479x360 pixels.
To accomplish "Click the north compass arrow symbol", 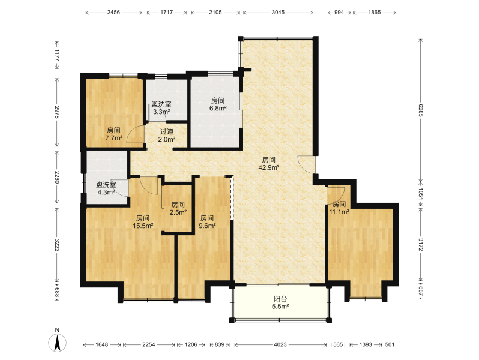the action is (58, 343).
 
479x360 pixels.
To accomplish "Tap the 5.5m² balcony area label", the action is (280, 302).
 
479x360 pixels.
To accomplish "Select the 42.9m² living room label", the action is (269, 163).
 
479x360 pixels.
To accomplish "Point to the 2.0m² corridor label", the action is (167, 136).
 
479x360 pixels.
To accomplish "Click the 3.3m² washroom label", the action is (161, 108).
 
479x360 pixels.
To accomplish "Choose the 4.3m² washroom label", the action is (106, 188).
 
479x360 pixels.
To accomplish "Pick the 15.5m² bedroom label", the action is (143, 222).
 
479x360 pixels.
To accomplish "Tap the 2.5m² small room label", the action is (178, 208).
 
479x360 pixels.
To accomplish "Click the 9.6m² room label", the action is (207, 222).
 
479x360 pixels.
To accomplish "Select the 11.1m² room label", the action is (339, 208).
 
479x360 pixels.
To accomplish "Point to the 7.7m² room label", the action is (113, 134).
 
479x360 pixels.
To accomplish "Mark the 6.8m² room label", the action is (218, 104).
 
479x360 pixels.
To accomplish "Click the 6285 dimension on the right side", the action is (421, 110).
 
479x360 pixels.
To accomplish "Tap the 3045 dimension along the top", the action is (278, 12).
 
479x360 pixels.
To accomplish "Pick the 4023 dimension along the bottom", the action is (280, 344).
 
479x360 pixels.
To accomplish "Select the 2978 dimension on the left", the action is (57, 112).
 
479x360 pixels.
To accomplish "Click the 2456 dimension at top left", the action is (113, 12).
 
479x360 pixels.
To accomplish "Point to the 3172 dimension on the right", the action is (421, 245).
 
